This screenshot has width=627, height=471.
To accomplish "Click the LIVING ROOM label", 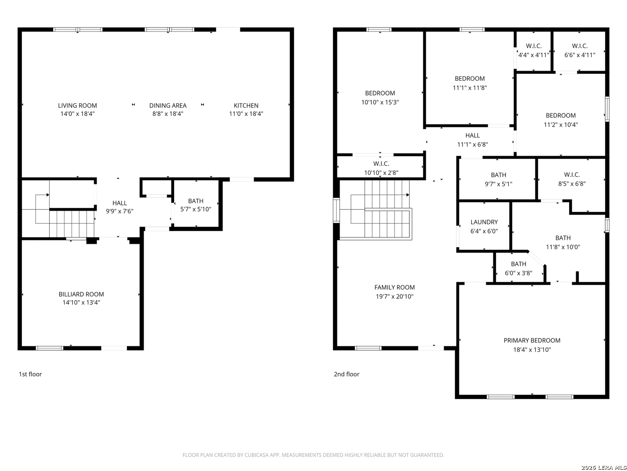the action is click(78, 106).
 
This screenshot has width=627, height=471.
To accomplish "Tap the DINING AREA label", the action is click(168, 106).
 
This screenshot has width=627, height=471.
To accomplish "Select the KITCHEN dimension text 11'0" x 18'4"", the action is click(246, 114).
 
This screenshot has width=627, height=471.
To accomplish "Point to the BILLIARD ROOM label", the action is click(81, 294).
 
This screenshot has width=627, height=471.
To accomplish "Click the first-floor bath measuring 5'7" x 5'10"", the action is click(196, 205).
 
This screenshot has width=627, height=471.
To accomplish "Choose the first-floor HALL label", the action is click(119, 203).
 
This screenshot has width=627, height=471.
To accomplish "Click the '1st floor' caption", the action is click(30, 374).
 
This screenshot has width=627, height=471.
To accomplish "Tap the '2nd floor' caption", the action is click(347, 374).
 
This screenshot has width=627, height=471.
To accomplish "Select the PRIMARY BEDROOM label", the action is click(532, 340).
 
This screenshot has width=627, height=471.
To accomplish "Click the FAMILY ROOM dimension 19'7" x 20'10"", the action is click(394, 297).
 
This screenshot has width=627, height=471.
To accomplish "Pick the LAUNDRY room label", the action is click(484, 222).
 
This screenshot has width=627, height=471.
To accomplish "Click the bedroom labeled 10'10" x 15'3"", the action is click(380, 98).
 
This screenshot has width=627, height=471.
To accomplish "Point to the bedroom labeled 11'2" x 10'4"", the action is click(561, 120).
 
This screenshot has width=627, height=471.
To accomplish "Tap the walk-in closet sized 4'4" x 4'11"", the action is click(533, 50).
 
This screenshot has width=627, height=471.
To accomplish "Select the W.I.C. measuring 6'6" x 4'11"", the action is click(580, 50).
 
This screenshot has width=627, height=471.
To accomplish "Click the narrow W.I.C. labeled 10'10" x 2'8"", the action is click(381, 168).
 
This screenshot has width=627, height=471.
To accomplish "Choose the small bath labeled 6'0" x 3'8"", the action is click(519, 269).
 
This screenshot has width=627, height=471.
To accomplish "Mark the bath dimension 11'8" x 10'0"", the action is click(563, 247).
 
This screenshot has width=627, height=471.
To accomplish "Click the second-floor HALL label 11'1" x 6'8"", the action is click(472, 140).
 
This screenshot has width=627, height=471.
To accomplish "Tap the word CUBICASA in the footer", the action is click(255, 455).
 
